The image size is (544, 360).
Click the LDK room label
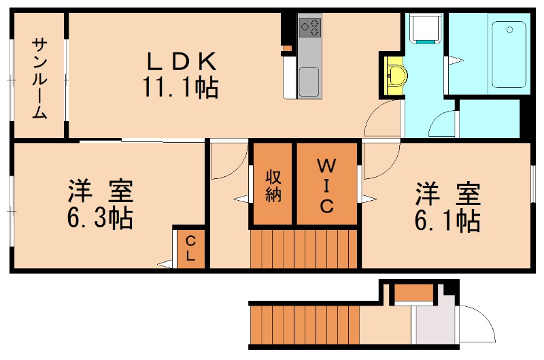tap(180, 62)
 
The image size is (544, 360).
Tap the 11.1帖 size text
tap(180, 87)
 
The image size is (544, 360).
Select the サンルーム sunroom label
tap(39, 78)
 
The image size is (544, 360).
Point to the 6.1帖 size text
tap(448, 220)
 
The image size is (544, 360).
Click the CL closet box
tap(190, 248)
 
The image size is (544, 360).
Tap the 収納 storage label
tap(273, 184)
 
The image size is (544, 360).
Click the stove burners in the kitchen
tap(309, 27)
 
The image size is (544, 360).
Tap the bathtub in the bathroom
tap(509, 54)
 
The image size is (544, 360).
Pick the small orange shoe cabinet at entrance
tap(414, 293)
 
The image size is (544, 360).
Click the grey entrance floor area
tap(433, 325)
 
